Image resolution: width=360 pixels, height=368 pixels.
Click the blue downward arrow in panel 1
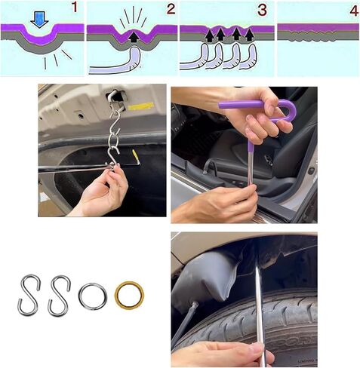pos(39,20)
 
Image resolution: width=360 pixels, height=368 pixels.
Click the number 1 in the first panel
pos(75,8)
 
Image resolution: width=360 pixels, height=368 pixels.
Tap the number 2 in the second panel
pos(171,9)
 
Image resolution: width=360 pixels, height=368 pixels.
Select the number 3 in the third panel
pos(262,10)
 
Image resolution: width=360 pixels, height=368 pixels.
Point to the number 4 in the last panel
pos(354,11)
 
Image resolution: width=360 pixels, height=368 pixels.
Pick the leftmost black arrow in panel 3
pos(209,36)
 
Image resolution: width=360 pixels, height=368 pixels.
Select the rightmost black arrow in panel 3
pos(249,35)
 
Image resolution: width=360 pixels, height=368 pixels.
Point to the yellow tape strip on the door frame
pos(140,106)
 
